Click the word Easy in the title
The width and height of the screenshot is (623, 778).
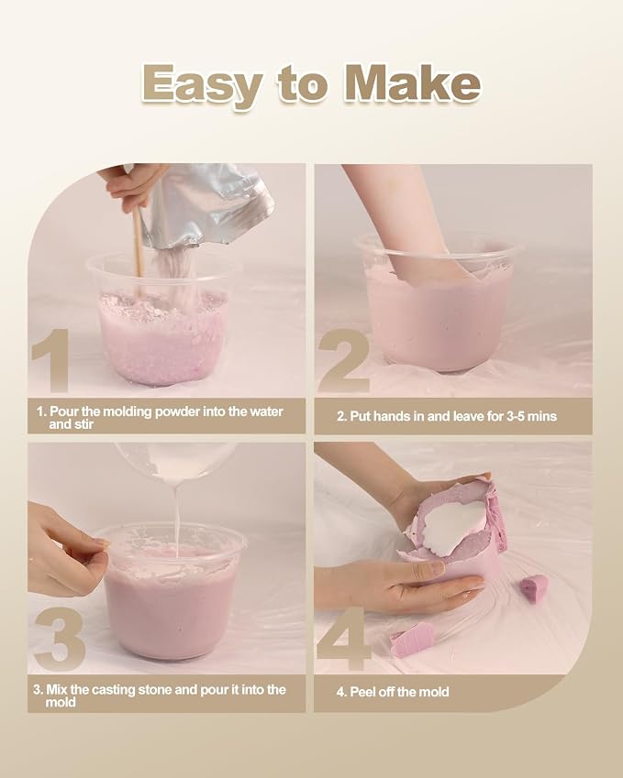202,85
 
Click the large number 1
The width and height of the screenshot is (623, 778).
50,361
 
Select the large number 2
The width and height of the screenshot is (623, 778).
344,363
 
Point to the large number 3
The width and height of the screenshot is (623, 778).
61,639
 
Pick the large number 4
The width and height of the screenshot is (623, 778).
344,639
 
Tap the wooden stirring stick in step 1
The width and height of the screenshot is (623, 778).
139,242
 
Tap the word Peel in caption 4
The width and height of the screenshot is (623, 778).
363,692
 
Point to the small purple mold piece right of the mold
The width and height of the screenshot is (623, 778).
534,585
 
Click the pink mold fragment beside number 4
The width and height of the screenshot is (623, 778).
411,639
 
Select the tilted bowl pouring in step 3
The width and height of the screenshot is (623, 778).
175,460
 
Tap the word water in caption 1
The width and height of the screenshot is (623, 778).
266,411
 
